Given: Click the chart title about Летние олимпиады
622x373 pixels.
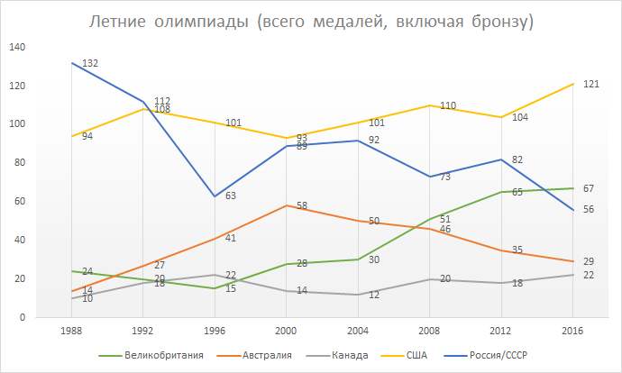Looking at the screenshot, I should pos(311,21).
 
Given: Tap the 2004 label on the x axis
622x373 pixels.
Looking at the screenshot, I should pos(358,331).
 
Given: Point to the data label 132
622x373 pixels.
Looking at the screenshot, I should pos(89,64).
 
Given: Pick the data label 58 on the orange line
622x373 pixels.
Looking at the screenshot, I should pos(303,206).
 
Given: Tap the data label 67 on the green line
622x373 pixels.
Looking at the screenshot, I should pos(589,188).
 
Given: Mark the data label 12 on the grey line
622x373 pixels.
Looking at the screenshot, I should pos(373,296).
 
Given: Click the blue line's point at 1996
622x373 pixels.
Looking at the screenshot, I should pos(215,196).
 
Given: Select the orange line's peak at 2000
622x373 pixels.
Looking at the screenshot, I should pos(287,205).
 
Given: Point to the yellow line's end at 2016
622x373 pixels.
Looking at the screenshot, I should pos(573,84).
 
